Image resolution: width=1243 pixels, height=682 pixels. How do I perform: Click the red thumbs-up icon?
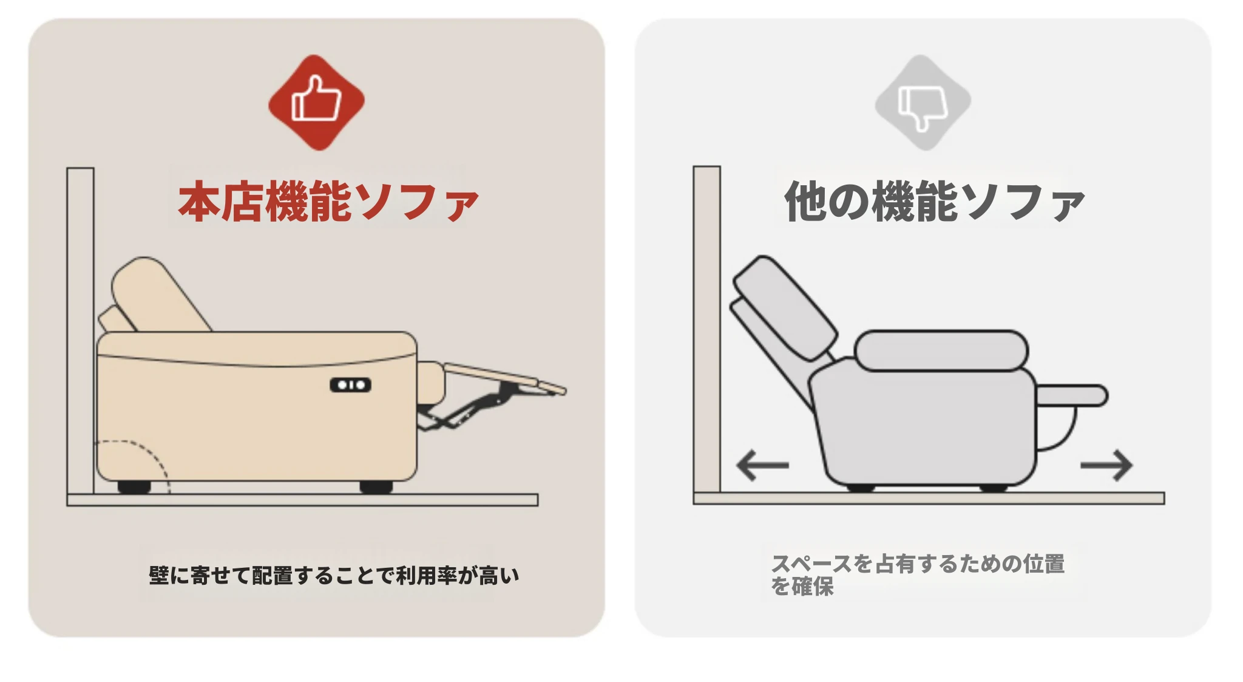[x=316, y=102]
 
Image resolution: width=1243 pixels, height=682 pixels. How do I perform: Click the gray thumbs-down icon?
[x=923, y=102]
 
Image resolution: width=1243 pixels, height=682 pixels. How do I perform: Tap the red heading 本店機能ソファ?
[x=328, y=201]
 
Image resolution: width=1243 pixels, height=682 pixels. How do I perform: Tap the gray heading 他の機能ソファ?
[x=935, y=201]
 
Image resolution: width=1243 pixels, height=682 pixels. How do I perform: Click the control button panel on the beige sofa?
[x=350, y=385]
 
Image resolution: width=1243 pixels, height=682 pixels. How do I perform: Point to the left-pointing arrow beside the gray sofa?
[x=762, y=466]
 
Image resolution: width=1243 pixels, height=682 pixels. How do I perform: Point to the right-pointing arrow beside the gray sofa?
[x=1106, y=466]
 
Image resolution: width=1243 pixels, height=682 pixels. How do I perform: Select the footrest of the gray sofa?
[x=1072, y=395]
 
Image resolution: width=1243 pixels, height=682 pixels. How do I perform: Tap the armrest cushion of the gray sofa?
[x=941, y=350]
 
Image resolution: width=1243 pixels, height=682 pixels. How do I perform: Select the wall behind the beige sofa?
[x=81, y=331]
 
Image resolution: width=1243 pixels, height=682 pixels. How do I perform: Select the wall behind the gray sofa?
[x=707, y=329]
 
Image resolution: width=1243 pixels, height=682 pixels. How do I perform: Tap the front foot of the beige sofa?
[x=376, y=486]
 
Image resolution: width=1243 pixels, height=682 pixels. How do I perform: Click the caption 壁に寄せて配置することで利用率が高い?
[x=334, y=575]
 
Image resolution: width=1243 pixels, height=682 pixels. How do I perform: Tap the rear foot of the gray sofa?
[x=861, y=487]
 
